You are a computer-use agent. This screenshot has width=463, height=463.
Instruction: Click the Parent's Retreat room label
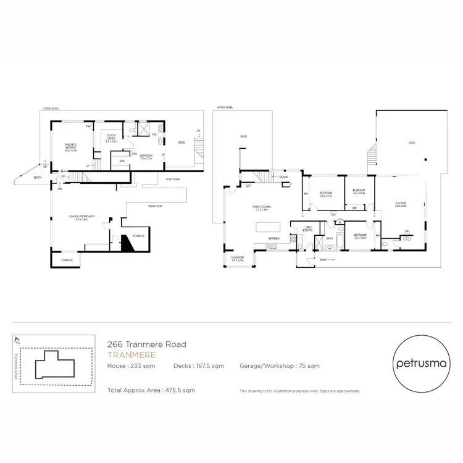click(x=70, y=148)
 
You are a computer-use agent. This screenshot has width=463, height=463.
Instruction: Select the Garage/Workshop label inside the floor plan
click(x=78, y=217)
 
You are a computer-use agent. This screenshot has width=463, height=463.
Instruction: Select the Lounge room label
click(x=401, y=204)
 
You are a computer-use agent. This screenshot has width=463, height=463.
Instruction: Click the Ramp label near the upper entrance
click(x=322, y=261)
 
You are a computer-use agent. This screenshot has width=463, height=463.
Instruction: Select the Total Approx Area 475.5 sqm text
click(x=151, y=390)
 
